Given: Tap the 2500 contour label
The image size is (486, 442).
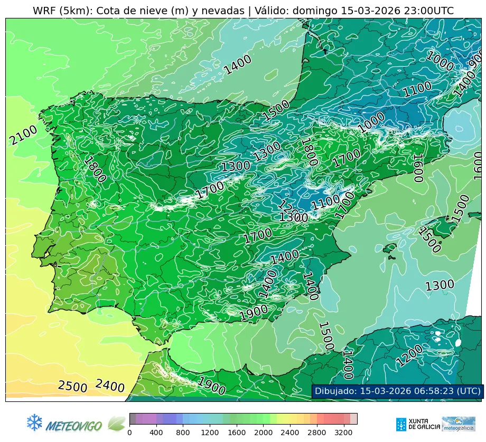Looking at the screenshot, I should point(72,386).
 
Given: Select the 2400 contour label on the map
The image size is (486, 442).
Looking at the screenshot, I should point(110,386).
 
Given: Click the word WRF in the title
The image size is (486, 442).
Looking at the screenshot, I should point(44,11).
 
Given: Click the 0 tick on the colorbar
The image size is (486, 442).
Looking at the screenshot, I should point(129,433).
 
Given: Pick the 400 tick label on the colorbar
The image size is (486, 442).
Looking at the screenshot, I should point(156,433).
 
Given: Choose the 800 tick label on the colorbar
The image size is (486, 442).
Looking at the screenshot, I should point(183,433).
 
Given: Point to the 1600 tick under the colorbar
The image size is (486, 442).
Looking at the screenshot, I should point(237,433).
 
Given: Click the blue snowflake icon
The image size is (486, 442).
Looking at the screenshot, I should point(34,422).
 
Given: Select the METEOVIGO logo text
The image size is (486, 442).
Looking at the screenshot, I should point(73,425).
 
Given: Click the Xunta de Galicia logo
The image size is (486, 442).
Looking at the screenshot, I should point(417,424).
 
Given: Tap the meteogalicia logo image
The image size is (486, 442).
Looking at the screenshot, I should point(459,424).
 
